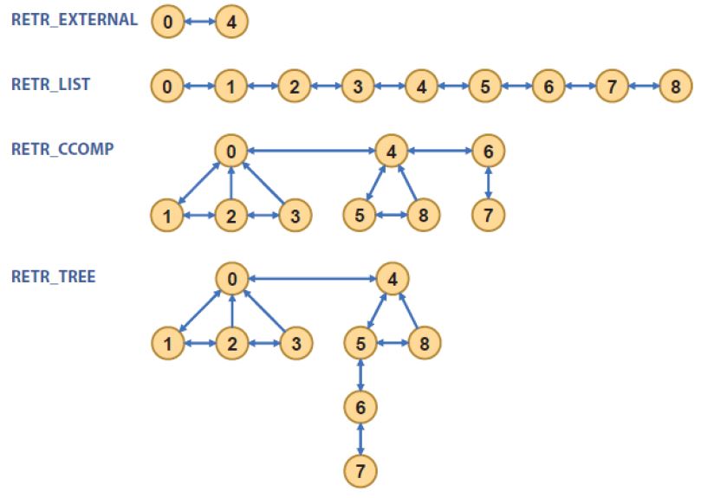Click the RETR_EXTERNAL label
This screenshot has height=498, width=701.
pos(74,20)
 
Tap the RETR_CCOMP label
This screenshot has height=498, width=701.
pos(63,148)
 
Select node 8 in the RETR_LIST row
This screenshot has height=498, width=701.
pos(675,87)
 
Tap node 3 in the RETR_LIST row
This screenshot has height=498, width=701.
pos(357,87)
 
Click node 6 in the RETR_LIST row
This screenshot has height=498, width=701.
pos(548,87)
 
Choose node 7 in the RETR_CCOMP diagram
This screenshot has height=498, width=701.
pos(489,215)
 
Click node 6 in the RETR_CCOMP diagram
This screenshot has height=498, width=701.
pos(489,152)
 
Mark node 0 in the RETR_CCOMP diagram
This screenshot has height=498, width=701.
pos(231,152)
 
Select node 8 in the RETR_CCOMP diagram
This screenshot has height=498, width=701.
pos(423,215)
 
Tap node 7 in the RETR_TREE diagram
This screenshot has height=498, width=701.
pos(360,471)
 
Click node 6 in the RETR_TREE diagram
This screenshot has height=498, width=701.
pos(360,407)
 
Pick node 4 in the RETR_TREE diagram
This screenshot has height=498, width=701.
pos(392,279)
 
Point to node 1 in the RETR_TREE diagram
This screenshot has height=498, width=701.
pos(166,343)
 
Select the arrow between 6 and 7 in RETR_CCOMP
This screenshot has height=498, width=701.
pos(489,183)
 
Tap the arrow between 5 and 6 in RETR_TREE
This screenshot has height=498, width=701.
pos(360,375)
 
